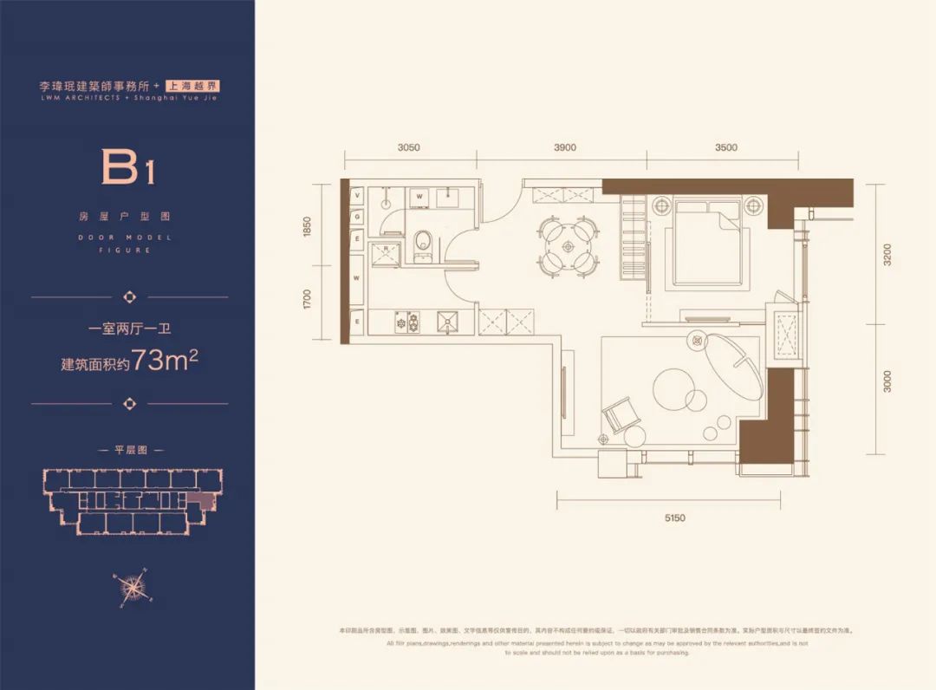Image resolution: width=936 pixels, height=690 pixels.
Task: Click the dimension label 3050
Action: point(409,147)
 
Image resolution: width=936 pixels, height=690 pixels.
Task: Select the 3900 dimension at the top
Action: point(564,147)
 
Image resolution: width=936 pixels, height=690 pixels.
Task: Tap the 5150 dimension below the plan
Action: point(674,517)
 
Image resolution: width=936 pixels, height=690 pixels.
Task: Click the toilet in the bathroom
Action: point(423,242)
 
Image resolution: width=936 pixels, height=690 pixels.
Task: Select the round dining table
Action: point(569,246)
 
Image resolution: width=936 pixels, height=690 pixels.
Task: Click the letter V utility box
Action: point(356,197)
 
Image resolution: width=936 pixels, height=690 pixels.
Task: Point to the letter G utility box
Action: point(356,216)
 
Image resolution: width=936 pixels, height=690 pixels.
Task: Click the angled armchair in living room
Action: point(621,415)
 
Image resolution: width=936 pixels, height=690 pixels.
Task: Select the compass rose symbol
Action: point(132,587)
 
